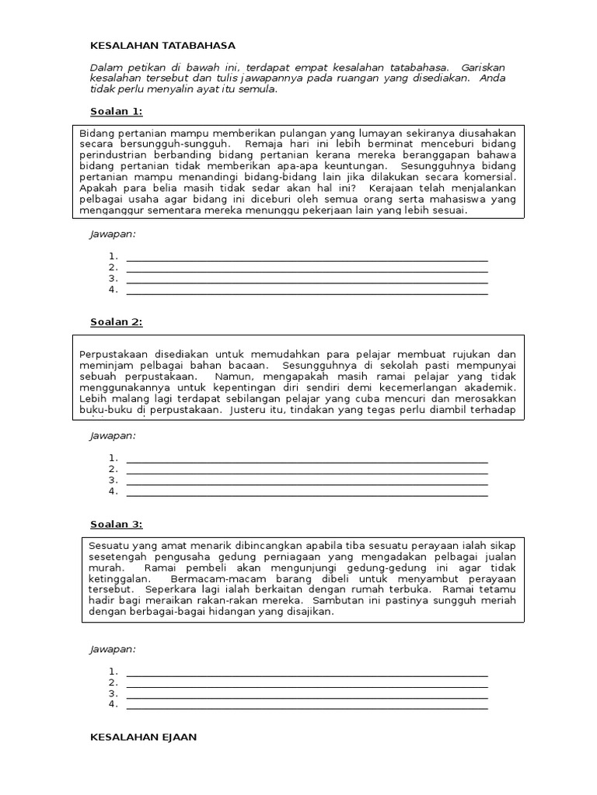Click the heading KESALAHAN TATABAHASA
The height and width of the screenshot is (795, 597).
(162, 47)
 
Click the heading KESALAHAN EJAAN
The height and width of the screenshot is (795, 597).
(144, 737)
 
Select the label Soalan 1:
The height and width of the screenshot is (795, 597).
(117, 111)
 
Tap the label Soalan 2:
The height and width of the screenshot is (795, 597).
(117, 321)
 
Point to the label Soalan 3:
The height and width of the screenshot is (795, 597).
(117, 524)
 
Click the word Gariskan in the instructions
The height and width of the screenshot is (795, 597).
(484, 68)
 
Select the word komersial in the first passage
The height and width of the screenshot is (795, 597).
(485, 177)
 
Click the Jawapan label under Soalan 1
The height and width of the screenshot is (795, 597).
(113, 234)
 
